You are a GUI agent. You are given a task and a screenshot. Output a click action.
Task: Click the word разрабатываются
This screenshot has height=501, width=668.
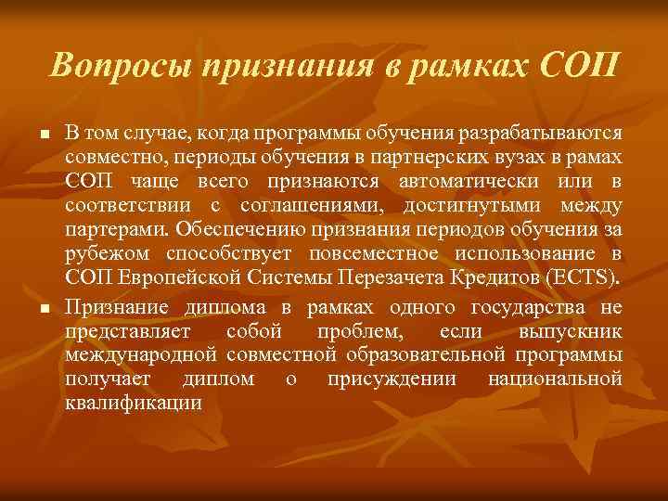pos(550,135)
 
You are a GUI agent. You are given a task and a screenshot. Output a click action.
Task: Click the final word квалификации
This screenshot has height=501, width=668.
pos(134,403)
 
